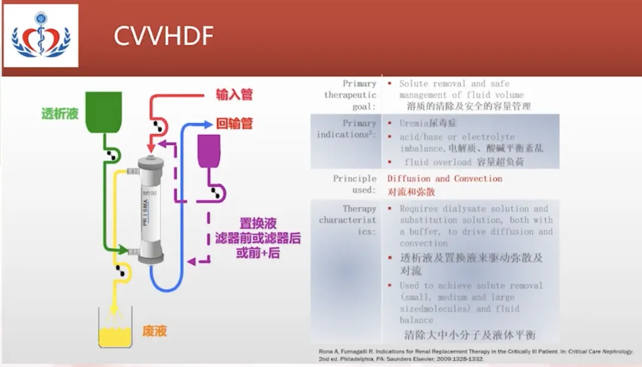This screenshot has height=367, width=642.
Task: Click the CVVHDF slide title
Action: point(163,37)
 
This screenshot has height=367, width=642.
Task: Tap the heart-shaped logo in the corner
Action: point(41,36)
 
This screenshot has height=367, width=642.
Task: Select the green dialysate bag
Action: point(104,111)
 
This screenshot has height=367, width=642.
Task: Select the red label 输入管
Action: point(235,95)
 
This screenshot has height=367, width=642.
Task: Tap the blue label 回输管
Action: point(235,124)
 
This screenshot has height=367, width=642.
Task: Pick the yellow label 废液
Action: point(155,331)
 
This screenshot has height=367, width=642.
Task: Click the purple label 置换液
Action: point(258,224)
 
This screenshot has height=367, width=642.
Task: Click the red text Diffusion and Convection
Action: point(445,178)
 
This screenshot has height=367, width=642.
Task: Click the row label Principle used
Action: point(354,184)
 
